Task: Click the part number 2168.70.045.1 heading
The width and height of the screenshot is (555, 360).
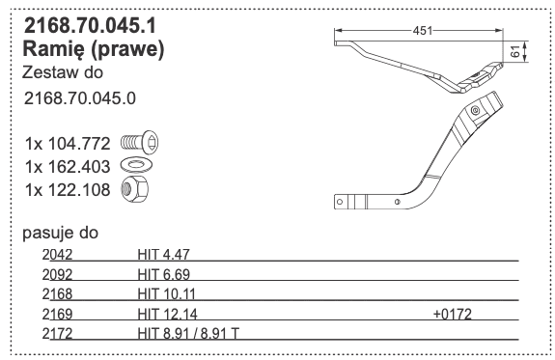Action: point(90,26)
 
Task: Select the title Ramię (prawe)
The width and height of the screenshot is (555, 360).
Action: point(94,49)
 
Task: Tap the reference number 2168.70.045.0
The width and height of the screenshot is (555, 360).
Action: point(80,98)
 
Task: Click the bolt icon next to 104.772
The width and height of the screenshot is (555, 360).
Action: point(139,143)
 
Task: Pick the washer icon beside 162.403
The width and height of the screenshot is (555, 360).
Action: point(137,165)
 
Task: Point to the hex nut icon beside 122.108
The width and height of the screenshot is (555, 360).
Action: point(135,189)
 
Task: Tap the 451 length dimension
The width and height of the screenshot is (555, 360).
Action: point(423,31)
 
